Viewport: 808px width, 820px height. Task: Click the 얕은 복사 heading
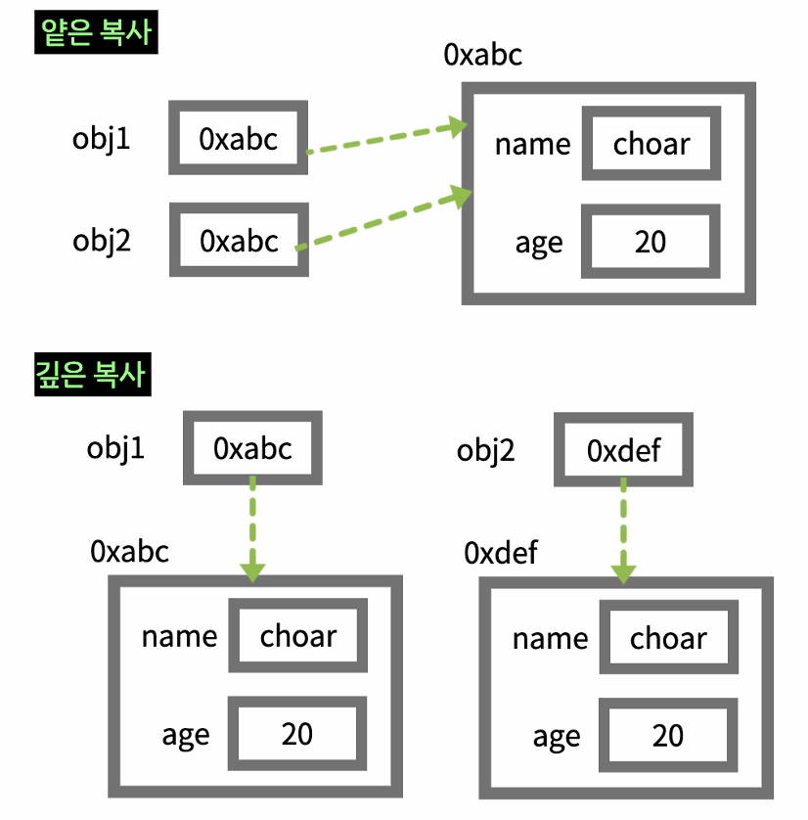click(x=96, y=33)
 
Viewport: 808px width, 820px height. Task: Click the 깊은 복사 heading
click(x=94, y=375)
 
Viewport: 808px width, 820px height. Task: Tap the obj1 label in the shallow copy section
click(x=102, y=139)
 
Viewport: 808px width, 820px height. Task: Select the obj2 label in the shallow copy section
click(x=102, y=240)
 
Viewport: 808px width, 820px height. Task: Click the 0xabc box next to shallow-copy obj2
click(x=239, y=240)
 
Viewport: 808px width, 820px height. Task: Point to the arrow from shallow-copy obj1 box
click(x=384, y=138)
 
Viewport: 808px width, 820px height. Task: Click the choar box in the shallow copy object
click(x=651, y=145)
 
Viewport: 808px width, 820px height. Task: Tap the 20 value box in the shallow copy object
click(x=651, y=242)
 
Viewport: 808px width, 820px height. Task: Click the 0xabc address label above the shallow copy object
click(x=482, y=54)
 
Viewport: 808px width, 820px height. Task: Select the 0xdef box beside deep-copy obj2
click(x=624, y=450)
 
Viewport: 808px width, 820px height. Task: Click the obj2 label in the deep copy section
click(x=486, y=451)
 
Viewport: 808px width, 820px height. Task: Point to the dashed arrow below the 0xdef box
click(x=623, y=534)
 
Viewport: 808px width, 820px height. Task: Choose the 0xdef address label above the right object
click(x=501, y=553)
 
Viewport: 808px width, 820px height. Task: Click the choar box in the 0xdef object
click(x=668, y=639)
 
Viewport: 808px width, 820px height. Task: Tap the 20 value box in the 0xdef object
click(x=668, y=735)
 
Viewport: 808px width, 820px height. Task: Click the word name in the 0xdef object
click(x=550, y=639)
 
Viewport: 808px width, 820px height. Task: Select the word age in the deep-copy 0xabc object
click(x=186, y=734)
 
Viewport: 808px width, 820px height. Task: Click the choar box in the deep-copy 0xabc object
click(x=297, y=637)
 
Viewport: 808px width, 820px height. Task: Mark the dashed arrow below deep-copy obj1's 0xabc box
click(x=252, y=529)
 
